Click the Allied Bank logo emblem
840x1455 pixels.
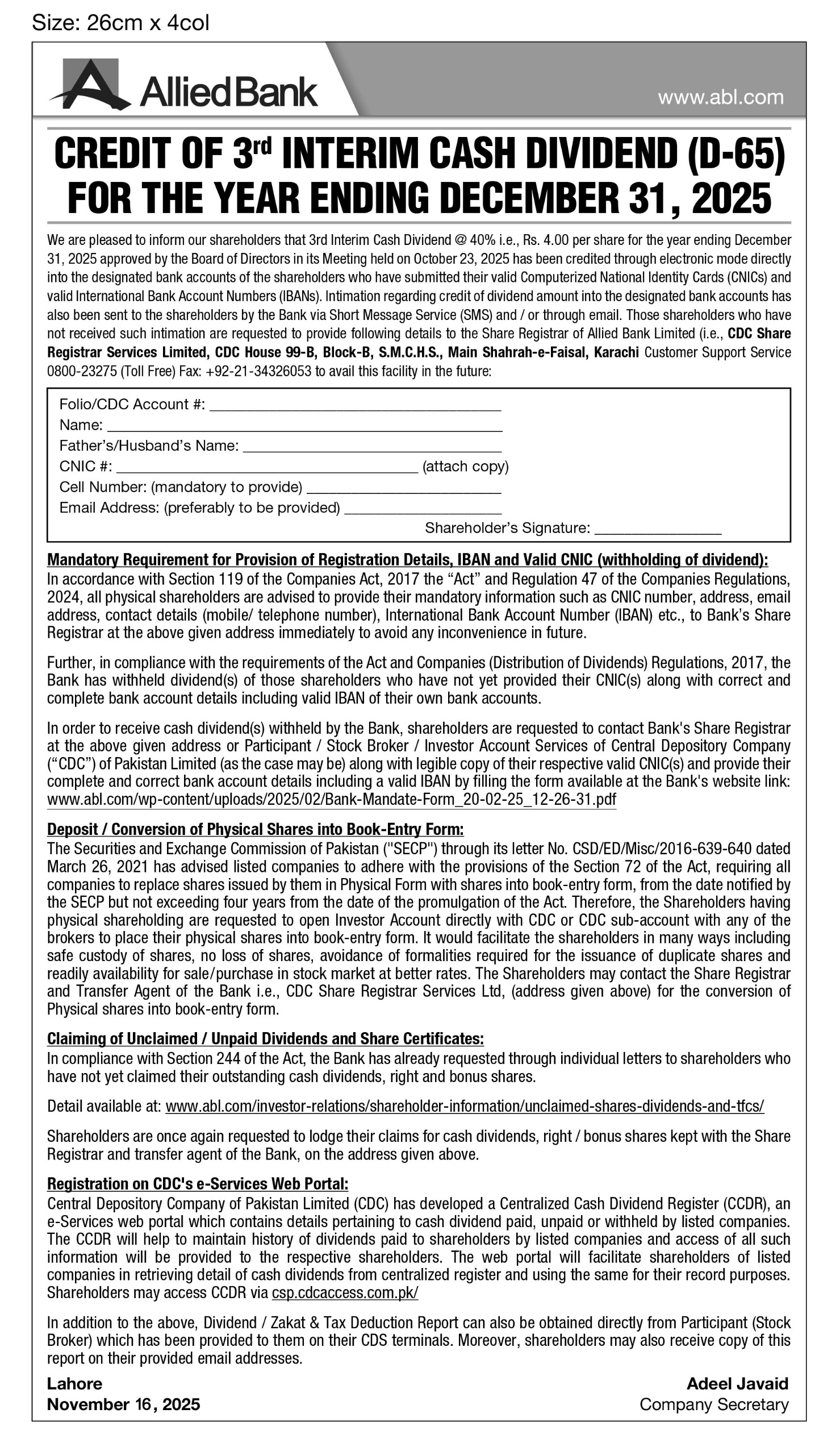[90, 85]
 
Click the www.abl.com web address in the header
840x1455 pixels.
[721, 97]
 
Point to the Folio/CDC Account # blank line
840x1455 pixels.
[355, 406]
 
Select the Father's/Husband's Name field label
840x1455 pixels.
[149, 446]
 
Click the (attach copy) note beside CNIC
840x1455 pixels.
[466, 466]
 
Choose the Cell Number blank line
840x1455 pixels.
[403, 488]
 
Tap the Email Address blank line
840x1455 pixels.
[423, 509]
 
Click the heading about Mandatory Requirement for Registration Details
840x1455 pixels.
[407, 560]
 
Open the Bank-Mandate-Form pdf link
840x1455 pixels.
[331, 800]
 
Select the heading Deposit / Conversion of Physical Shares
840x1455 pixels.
[255, 829]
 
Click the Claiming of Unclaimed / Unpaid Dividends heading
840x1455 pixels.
[265, 1039]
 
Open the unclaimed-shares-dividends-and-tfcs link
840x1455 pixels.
[465, 1106]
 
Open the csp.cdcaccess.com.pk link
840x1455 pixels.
[345, 1293]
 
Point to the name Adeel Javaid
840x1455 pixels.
[737, 1383]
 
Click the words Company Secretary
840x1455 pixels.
[714, 1404]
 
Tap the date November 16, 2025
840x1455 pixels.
[123, 1404]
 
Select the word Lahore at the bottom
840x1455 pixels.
[74, 1383]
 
